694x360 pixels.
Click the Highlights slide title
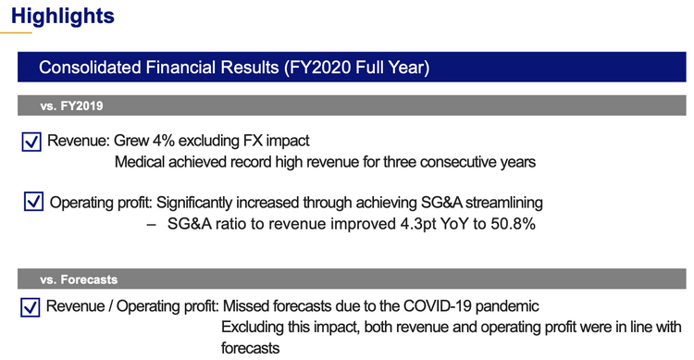64,16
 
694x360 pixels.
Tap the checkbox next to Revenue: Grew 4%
31,142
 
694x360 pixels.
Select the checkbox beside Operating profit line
34,202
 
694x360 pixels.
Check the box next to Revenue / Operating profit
31,307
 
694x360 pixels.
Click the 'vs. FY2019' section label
70,107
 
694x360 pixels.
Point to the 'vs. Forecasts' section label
78,278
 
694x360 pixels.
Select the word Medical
141,163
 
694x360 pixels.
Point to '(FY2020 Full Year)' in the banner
364,68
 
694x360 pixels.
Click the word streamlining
497,202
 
